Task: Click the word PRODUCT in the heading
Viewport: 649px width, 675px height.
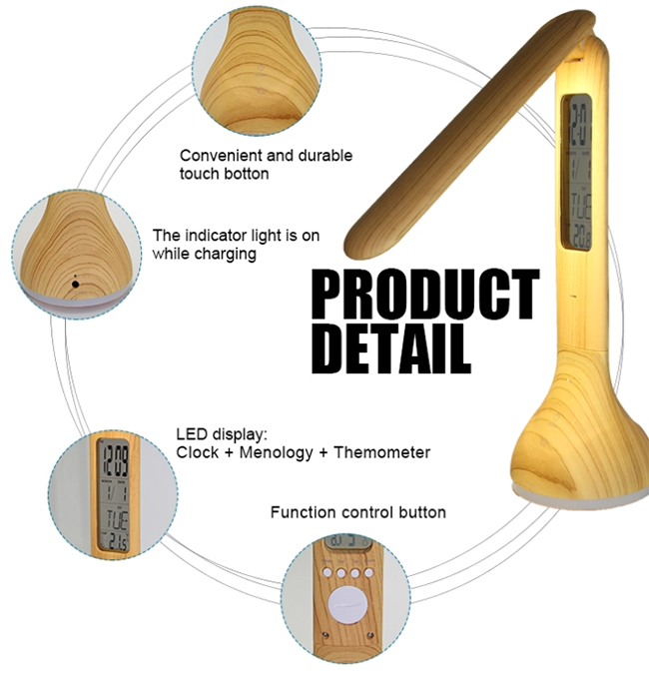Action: (425, 294)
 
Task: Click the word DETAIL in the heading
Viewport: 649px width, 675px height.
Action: (390, 348)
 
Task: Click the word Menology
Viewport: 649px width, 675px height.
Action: (276, 453)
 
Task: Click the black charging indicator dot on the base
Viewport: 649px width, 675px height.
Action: (76, 285)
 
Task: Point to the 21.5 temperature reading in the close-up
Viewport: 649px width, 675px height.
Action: (117, 541)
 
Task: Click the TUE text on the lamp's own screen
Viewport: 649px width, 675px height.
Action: (580, 206)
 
